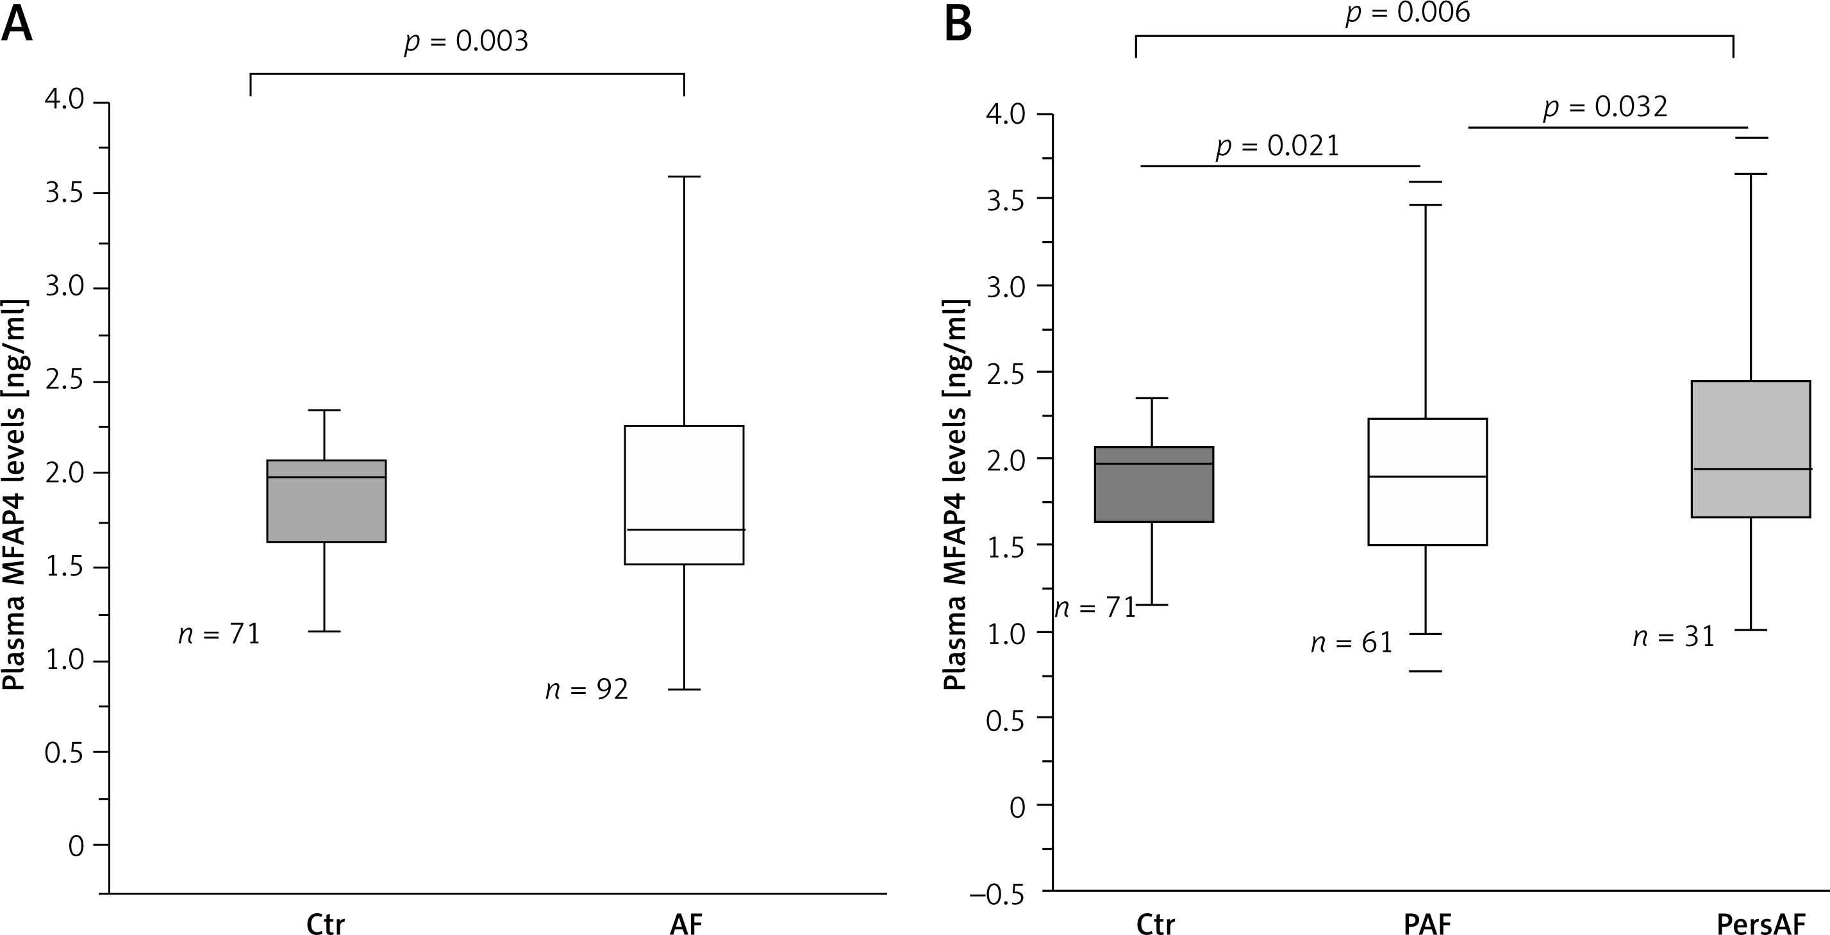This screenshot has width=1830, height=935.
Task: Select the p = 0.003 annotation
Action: coord(466,42)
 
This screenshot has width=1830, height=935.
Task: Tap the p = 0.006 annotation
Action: coord(1408,13)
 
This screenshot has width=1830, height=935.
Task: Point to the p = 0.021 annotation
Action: coord(1277,146)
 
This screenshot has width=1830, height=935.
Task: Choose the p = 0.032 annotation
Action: coord(1606,107)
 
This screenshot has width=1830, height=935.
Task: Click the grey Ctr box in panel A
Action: coord(326,501)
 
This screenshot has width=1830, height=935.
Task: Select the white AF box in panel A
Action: coord(683,495)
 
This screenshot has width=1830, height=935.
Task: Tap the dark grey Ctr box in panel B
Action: coord(1154,484)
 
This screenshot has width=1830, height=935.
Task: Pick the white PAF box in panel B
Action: coord(1427,482)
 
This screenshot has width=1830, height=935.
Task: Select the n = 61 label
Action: coord(1351,643)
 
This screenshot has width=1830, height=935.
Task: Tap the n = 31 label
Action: coord(1674,636)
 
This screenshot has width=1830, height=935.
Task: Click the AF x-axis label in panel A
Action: coord(686,923)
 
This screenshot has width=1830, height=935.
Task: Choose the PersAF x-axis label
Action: coord(1759,923)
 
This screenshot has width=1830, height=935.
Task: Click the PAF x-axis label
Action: coord(1427,923)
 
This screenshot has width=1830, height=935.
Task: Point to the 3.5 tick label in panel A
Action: coord(65,194)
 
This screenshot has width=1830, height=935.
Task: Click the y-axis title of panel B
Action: coord(956,495)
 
